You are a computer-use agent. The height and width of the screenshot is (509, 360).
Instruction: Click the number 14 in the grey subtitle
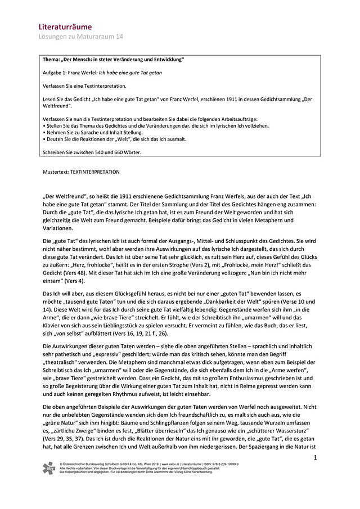(x=119, y=36)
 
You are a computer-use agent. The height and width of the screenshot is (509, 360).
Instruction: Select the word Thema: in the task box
(x=54, y=60)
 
